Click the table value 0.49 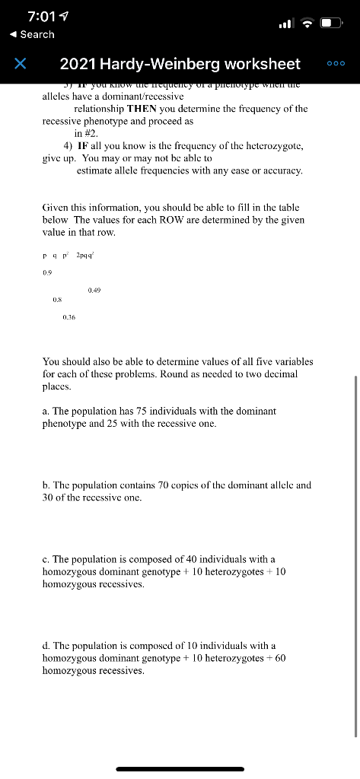click(x=95, y=290)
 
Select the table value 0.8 click(x=56, y=300)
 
